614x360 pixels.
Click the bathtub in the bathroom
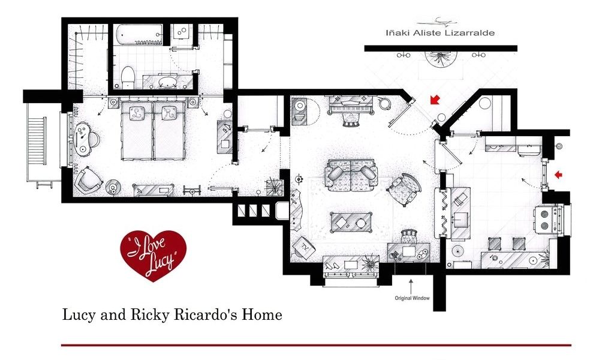[139, 35]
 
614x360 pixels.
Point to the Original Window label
[412, 298]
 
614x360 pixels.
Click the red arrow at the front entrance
[434, 100]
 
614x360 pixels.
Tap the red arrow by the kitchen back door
[558, 175]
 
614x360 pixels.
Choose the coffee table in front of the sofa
[351, 223]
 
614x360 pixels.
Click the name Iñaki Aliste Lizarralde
[440, 33]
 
